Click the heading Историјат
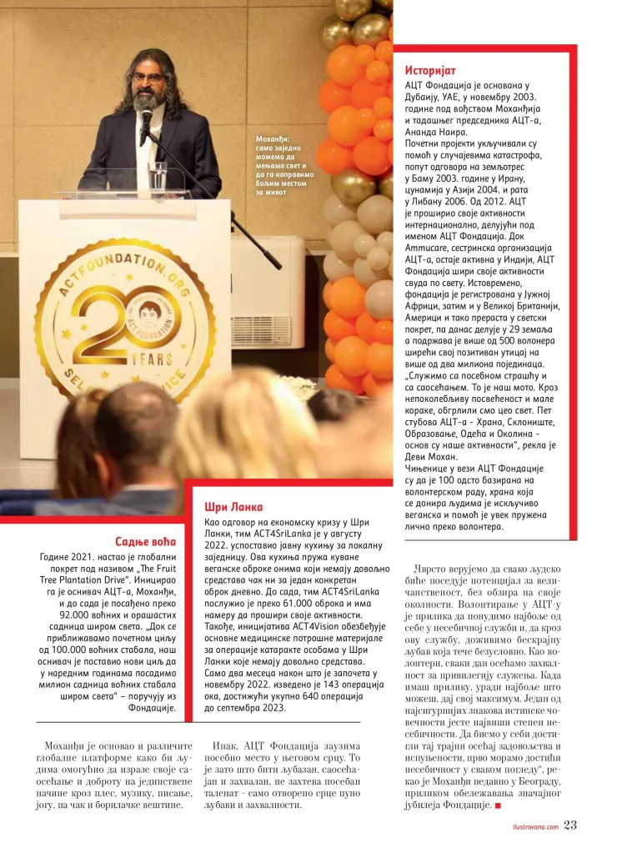coord(430,71)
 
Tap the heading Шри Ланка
coord(233,507)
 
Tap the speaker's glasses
coord(148,78)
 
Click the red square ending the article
coord(498,805)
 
